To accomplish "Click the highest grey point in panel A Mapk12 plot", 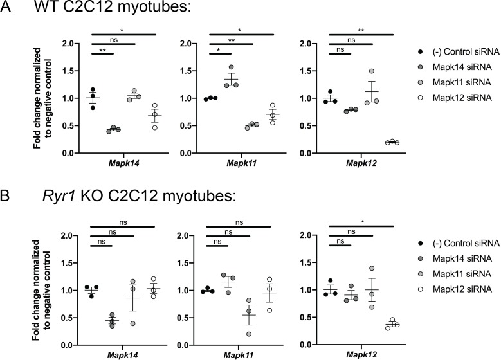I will (372, 71).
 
